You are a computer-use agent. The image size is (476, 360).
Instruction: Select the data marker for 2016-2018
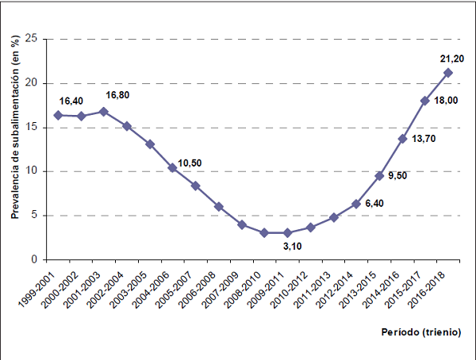coord(448,73)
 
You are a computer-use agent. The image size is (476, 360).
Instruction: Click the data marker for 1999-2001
coord(58,115)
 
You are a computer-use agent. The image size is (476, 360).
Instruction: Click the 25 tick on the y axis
coord(32,39)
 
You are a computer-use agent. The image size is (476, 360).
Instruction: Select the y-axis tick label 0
coord(35,259)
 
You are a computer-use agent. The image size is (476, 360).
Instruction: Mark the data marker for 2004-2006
coord(172,167)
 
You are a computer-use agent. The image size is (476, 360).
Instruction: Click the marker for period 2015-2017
coord(425,101)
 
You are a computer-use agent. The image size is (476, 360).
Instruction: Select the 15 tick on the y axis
coord(32,127)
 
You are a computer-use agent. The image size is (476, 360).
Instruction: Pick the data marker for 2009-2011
coord(287,232)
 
